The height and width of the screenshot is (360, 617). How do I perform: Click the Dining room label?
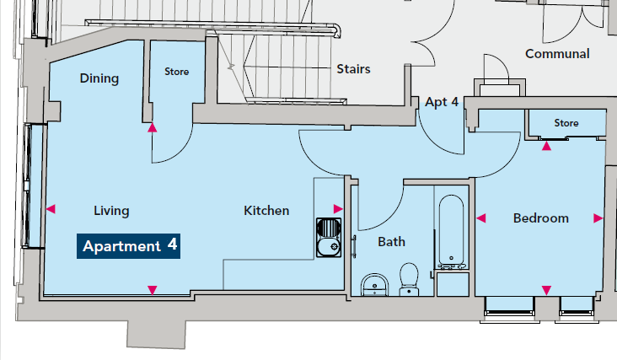(99, 78)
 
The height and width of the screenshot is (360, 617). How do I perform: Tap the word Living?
(111, 211)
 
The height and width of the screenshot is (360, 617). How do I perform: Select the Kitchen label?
(266, 211)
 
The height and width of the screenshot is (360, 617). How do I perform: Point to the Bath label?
(392, 242)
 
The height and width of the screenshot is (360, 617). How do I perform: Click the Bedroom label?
(541, 218)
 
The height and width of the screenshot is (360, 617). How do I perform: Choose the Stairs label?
(353, 69)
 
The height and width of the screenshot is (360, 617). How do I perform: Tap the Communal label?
(557, 53)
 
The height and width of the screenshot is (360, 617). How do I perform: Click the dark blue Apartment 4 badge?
(129, 246)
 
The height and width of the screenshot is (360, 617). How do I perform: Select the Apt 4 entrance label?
(442, 102)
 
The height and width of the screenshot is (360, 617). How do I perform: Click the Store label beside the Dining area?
(177, 72)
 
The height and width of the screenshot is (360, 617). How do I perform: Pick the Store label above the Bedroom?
(566, 123)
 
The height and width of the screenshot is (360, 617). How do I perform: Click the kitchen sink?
(329, 238)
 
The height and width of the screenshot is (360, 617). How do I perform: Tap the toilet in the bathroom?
(409, 279)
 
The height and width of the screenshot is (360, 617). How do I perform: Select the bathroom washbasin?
(374, 285)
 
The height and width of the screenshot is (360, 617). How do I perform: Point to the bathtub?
(451, 232)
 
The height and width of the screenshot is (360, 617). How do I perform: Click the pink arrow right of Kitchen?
(338, 209)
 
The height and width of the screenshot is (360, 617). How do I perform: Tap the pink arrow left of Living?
(51, 209)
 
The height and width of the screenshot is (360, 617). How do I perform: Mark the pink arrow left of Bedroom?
(480, 218)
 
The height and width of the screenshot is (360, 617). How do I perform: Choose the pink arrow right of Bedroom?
(598, 218)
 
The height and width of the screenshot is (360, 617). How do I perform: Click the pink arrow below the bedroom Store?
(546, 146)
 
